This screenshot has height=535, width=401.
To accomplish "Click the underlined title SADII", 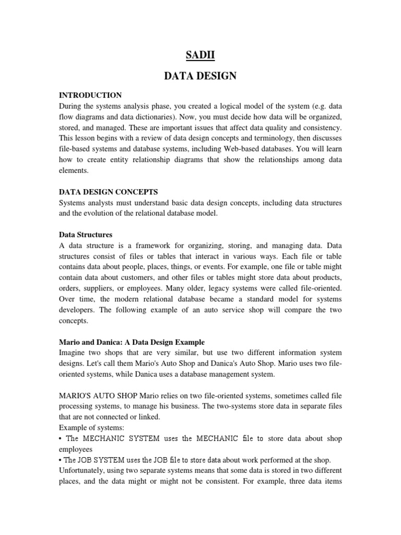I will (x=200, y=54).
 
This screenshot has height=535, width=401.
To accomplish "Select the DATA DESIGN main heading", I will (x=200, y=76).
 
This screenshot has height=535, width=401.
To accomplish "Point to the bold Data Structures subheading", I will (x=86, y=235).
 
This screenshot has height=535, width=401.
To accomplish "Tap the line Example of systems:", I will (x=92, y=428).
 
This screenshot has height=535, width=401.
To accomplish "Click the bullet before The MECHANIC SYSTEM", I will (x=61, y=438).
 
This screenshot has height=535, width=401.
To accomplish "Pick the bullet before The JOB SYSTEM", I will (x=60, y=460).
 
